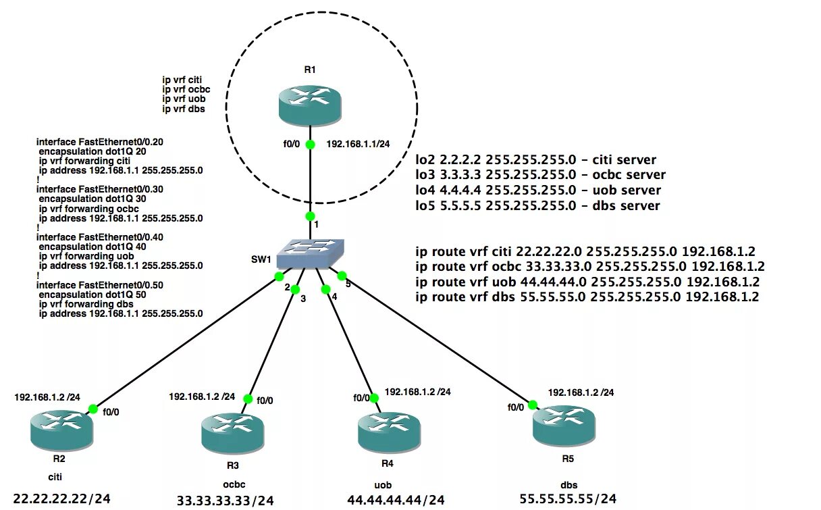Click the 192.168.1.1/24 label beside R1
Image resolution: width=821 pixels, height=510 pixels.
coord(358,144)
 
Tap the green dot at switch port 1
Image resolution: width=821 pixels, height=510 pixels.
coord(310,216)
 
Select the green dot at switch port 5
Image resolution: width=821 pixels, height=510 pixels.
coord(341,275)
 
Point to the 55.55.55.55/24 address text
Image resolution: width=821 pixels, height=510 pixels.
coord(568,499)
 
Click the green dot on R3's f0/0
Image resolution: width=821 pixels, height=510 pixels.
coord(247,399)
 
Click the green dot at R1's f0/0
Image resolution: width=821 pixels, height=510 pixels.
coord(310,144)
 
